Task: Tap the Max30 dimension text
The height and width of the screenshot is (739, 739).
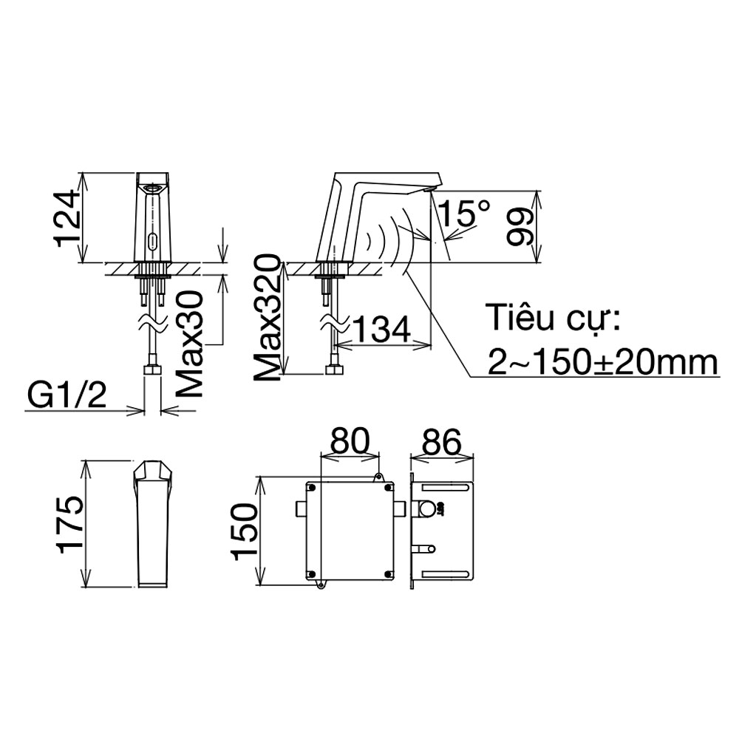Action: click(189, 344)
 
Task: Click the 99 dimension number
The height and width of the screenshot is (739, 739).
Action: click(520, 227)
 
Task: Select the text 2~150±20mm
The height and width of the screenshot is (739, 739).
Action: click(603, 362)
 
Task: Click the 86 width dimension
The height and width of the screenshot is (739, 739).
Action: click(441, 442)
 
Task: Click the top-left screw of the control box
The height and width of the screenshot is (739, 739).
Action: click(312, 487)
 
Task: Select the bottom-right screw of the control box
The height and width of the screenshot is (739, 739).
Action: click(388, 573)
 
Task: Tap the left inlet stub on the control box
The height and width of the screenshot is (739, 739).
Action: click(300, 508)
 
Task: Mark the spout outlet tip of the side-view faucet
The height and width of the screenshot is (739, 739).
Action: click(428, 189)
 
